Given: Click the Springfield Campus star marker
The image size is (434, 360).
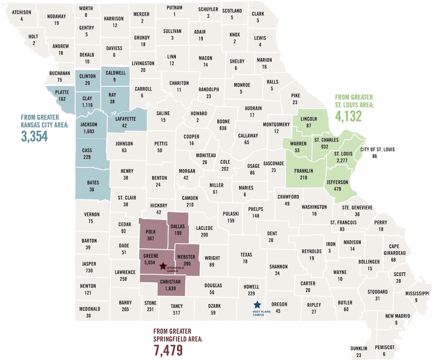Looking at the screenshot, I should point(163,266).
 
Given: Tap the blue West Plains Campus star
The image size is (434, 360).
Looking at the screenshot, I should point(257,304).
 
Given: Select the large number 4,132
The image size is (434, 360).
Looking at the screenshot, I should point(349,116).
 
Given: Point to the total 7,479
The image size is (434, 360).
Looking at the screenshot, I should point(168,350).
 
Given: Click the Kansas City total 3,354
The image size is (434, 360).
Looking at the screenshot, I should point(34,135).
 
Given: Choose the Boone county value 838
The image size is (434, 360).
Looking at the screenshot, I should point(224,128).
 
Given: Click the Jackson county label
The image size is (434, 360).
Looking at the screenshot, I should point(89,124).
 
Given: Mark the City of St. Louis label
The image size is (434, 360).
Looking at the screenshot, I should point(378,150).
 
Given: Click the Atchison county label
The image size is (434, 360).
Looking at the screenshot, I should point(21,12).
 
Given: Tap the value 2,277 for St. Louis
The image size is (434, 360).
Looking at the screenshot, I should point(343,160).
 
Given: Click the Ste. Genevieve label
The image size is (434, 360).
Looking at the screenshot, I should point(357,207).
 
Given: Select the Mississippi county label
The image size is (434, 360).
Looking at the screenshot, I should point(417,293).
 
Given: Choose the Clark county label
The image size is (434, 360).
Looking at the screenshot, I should point(258,14).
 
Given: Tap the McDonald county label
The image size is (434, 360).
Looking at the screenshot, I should point(90,309).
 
